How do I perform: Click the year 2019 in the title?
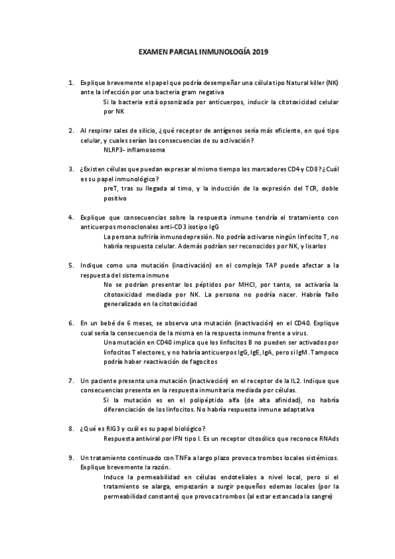(x=259, y=51)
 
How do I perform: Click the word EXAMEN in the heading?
(x=154, y=51)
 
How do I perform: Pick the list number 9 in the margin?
(x=71, y=457)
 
